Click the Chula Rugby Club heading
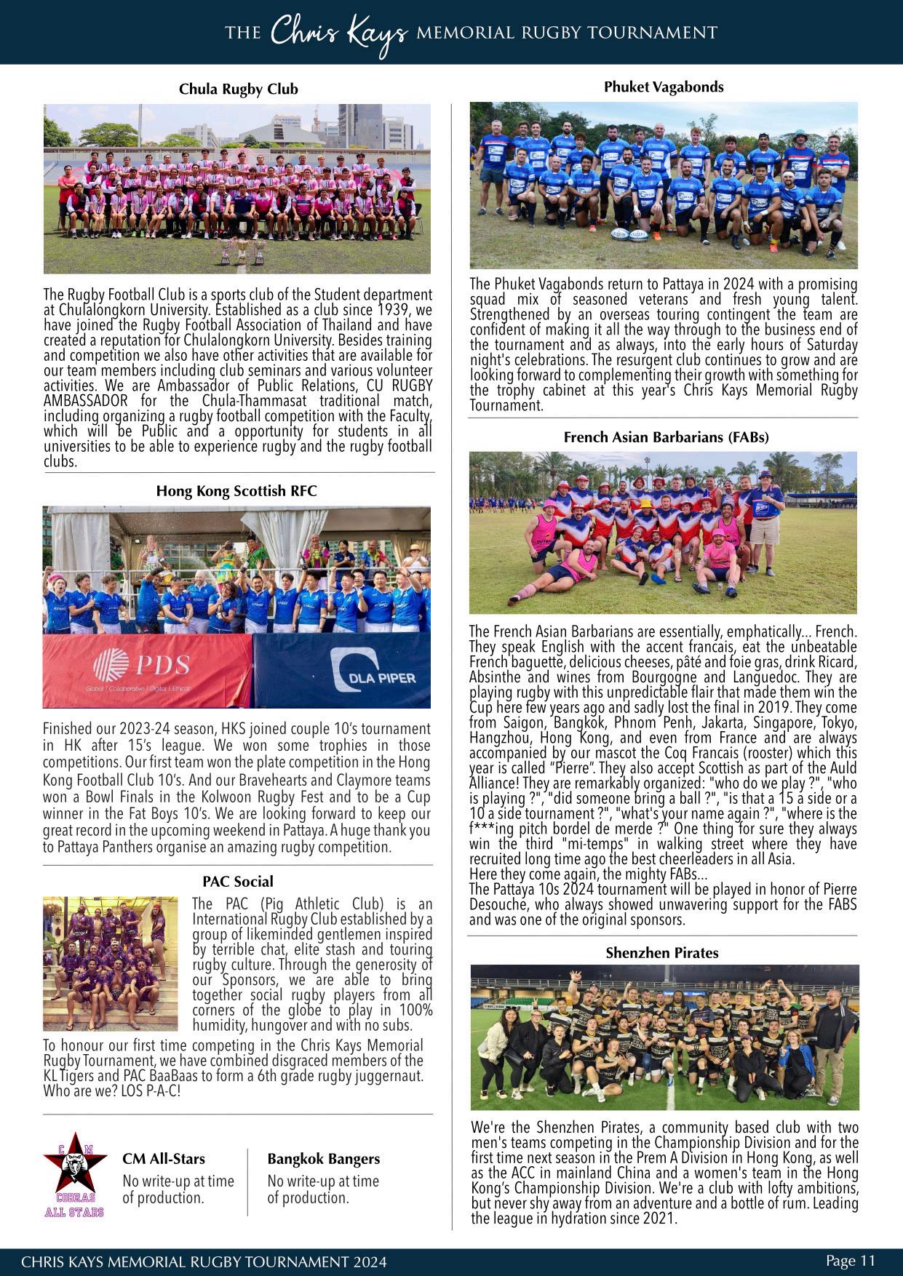(x=238, y=89)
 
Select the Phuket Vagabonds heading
(x=664, y=87)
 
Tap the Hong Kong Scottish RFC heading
(x=236, y=491)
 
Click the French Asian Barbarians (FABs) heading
(x=666, y=437)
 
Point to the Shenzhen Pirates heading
(x=661, y=953)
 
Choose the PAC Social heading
(x=238, y=882)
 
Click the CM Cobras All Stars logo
(x=74, y=1174)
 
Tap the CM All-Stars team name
(x=164, y=1159)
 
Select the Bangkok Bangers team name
(x=323, y=1159)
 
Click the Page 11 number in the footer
(x=850, y=1260)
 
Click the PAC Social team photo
(x=110, y=963)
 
